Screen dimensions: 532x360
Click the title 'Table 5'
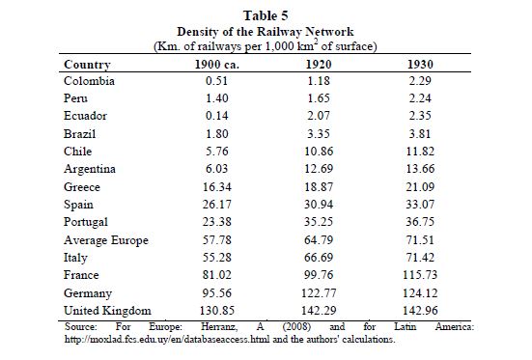(x=266, y=15)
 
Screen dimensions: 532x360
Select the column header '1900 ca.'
(x=217, y=65)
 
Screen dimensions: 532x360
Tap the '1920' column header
(x=319, y=65)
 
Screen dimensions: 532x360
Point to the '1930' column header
(x=420, y=65)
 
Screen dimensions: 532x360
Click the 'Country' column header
(x=87, y=65)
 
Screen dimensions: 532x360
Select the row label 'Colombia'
(x=89, y=81)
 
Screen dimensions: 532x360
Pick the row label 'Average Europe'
(x=106, y=240)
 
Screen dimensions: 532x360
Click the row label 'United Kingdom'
(x=107, y=311)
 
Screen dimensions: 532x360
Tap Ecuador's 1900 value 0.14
(x=217, y=116)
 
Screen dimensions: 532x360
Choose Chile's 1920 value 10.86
(x=319, y=151)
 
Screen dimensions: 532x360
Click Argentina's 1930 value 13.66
(x=420, y=169)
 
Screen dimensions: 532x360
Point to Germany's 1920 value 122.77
(x=319, y=292)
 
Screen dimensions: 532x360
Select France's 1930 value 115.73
(x=420, y=275)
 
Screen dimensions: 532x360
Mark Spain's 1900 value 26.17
(x=217, y=205)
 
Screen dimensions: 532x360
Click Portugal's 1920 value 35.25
(x=319, y=222)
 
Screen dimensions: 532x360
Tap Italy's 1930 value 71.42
(x=420, y=257)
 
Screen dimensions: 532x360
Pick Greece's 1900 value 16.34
(x=217, y=186)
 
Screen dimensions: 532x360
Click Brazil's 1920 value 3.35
(x=319, y=133)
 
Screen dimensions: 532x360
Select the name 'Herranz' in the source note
(x=219, y=327)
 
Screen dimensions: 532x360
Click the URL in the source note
(x=167, y=340)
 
